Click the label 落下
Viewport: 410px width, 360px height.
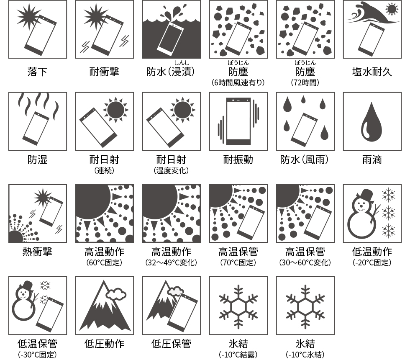click(37, 72)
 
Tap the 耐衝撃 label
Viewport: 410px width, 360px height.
click(104, 72)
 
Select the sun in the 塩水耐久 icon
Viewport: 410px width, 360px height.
click(392, 9)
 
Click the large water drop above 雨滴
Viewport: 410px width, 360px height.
click(372, 121)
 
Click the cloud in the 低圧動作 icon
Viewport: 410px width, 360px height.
click(116, 294)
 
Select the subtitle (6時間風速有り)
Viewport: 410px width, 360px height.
click(238, 82)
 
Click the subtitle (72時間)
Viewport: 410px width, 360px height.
click(305, 82)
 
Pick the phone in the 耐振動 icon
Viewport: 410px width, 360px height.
click(238, 121)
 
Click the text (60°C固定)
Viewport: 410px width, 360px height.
click(104, 263)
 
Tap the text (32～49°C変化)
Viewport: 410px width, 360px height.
click(171, 263)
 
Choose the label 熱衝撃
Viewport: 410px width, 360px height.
click(37, 252)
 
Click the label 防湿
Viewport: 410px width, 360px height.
click(37, 159)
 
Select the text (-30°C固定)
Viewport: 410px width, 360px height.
click(37, 355)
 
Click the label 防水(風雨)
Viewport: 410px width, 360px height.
click(305, 159)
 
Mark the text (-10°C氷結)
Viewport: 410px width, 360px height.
click(305, 355)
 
